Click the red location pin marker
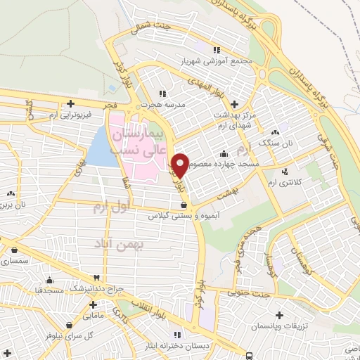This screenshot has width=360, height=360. [x=180, y=165]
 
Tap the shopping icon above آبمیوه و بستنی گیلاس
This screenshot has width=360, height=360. [x=184, y=205]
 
